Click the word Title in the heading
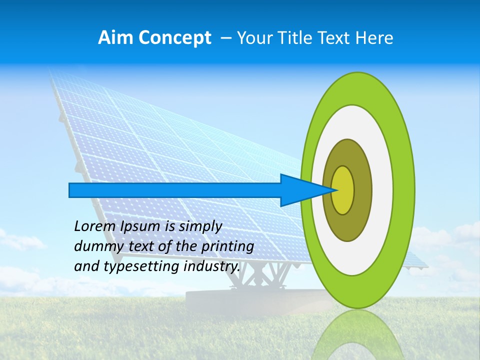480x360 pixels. (x=295, y=38)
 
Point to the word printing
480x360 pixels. (x=227, y=247)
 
